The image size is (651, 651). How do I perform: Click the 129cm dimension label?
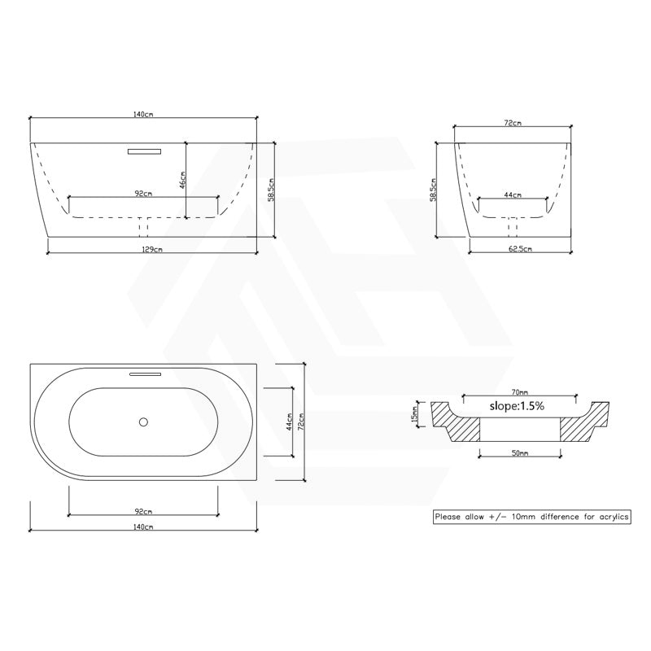click(x=151, y=250)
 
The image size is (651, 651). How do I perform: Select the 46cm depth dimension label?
click(x=183, y=180)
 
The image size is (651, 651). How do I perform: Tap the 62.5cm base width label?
click(x=513, y=250)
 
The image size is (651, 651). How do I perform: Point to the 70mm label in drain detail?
click(x=512, y=391)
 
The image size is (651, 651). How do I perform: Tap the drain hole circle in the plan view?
click(x=143, y=422)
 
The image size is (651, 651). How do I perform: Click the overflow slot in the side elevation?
click(x=145, y=150)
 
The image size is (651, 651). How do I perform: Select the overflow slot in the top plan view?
click(x=145, y=374)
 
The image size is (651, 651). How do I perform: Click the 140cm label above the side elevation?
click(x=143, y=116)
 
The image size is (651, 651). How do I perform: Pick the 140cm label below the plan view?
click(x=143, y=527)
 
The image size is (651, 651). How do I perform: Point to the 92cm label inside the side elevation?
click(x=143, y=194)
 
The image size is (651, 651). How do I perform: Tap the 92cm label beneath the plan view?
click(x=143, y=511)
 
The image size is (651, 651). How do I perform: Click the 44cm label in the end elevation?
click(x=513, y=195)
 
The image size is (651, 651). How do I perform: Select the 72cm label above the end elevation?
click(x=513, y=123)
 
